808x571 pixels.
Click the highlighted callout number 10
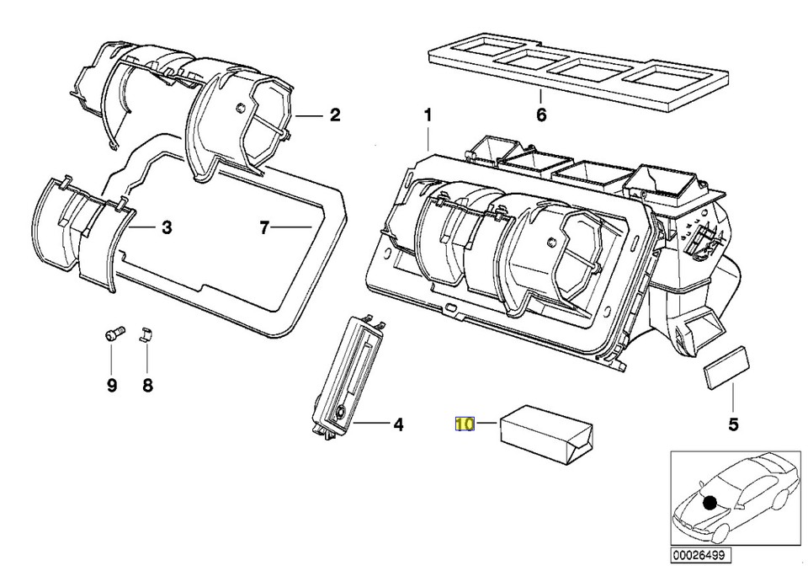tap(465, 424)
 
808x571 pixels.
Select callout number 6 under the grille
tap(540, 115)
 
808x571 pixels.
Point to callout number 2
tap(335, 115)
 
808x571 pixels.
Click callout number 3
tap(167, 227)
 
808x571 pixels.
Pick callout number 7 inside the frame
tap(264, 227)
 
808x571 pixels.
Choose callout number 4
tap(398, 424)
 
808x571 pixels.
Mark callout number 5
tap(733, 424)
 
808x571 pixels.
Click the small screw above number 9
tap(114, 334)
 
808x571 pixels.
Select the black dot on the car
tap(710, 503)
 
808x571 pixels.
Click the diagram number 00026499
tap(701, 555)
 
